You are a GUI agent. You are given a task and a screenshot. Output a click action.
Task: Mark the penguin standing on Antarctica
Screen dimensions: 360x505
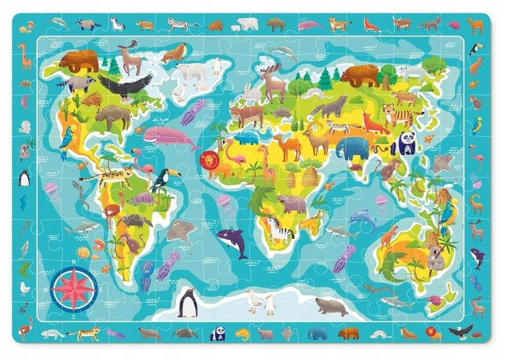[187, 302]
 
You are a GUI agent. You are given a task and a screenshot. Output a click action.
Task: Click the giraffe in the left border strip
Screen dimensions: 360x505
[25, 56]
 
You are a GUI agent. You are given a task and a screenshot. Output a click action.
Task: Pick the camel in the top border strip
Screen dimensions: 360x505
[476, 26]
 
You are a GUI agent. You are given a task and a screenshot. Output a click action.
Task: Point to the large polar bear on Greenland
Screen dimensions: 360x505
[191, 73]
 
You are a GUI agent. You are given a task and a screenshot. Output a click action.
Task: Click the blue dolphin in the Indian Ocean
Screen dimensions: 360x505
[363, 220]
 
